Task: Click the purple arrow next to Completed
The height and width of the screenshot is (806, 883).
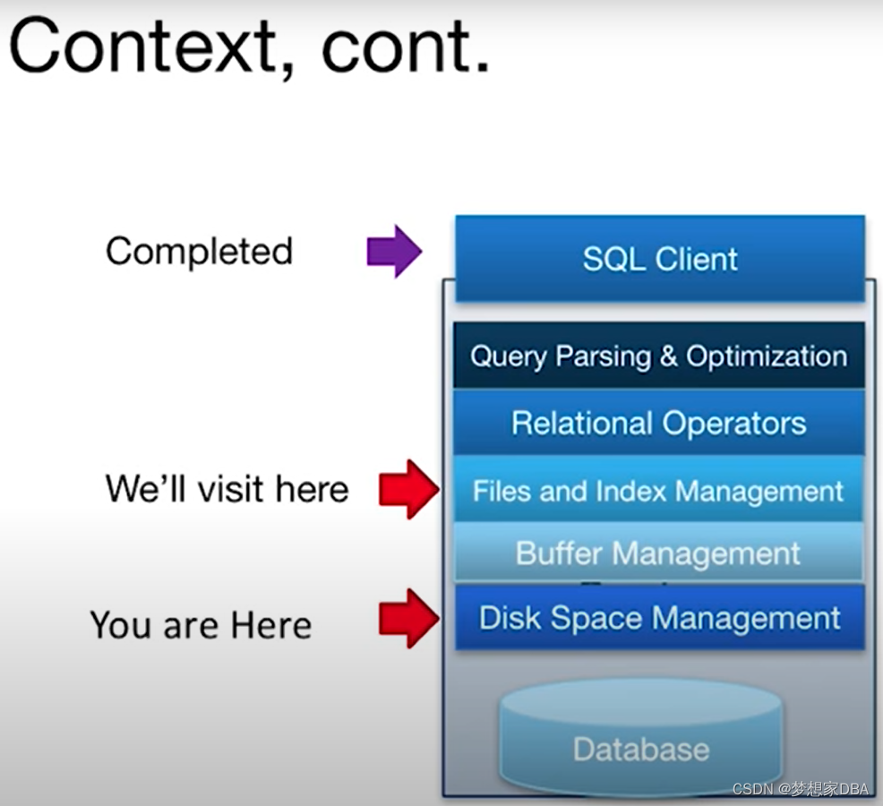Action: [394, 252]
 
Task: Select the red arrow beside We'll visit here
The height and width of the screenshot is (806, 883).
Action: [408, 489]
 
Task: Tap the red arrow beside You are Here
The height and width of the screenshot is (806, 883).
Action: [408, 618]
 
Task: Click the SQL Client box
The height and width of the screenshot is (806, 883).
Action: [660, 259]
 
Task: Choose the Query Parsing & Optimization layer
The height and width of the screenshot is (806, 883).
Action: [659, 356]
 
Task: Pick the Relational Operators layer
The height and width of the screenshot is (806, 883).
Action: [659, 423]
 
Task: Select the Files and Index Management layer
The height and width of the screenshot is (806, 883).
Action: [659, 490]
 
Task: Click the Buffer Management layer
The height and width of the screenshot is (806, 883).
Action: [659, 553]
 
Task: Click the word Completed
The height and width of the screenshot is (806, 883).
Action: [199, 251]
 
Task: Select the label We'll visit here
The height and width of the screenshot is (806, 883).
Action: [227, 489]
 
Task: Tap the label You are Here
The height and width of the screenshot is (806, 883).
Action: [201, 624]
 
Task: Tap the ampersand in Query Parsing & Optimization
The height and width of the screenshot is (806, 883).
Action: [668, 356]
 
